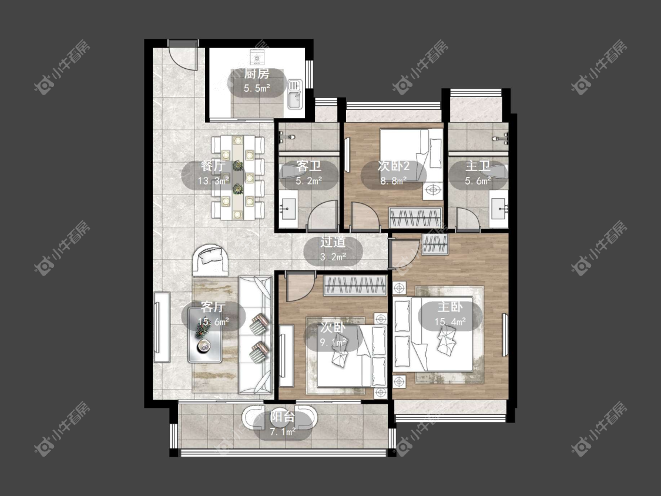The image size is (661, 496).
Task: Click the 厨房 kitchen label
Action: click(257, 74)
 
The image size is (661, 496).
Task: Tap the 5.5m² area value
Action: click(257, 88)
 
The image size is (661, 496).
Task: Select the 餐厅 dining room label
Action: click(213, 166)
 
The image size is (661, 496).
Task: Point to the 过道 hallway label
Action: click(333, 242)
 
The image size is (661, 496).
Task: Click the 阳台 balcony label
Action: click(283, 417)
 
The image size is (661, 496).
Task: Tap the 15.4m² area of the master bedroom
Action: click(450, 321)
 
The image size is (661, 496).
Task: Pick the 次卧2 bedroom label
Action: click(393, 166)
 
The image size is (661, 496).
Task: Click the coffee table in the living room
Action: click(205, 335)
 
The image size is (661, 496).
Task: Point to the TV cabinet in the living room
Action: click(162, 327)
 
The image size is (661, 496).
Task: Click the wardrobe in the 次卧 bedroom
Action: click(355, 285)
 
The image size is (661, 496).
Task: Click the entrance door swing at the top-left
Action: click(183, 56)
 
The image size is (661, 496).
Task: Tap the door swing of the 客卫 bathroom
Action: click(323, 215)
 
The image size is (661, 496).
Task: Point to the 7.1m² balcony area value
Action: click(283, 431)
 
